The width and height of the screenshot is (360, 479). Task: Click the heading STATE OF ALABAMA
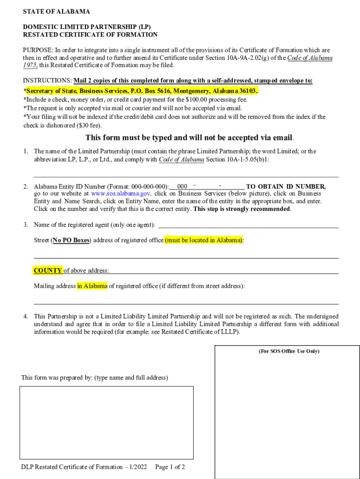click(57, 11)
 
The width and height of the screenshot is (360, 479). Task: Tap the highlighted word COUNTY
click(48, 270)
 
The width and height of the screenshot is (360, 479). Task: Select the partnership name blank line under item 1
click(186, 174)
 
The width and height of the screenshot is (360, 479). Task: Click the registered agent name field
click(248, 225)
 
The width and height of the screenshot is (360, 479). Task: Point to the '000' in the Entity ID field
click(183, 187)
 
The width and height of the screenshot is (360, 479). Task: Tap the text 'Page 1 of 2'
click(170, 467)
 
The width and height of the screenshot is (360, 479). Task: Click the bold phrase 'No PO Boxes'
click(71, 240)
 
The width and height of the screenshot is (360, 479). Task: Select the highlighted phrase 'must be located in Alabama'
click(204, 240)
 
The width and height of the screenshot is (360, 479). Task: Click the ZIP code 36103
click(247, 91)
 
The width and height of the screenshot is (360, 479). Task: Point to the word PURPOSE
click(38, 50)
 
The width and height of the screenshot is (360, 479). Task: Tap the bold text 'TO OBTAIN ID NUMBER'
click(286, 187)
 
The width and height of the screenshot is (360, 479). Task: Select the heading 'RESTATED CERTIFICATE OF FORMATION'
click(90, 35)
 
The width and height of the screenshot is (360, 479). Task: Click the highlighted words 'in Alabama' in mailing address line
click(92, 286)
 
